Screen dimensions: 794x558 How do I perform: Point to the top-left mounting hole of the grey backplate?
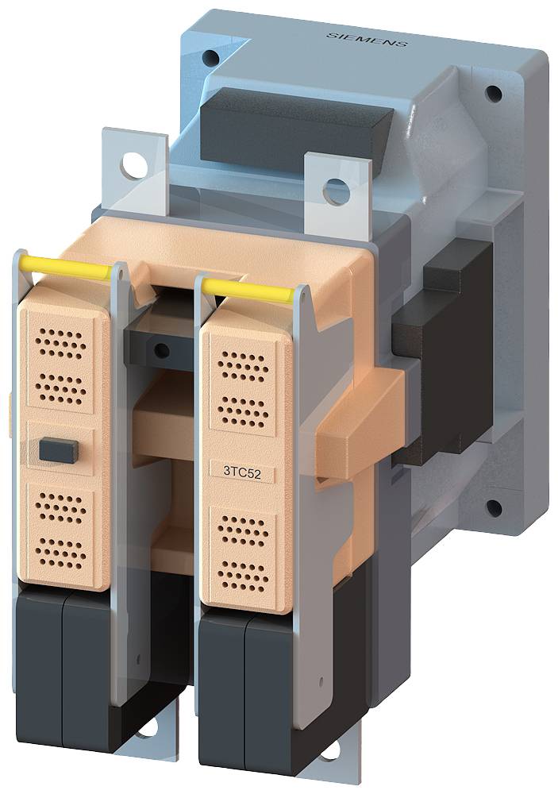tap(210, 58)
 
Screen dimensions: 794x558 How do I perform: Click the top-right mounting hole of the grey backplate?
tap(493, 94)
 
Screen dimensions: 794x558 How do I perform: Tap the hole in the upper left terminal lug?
tap(136, 167)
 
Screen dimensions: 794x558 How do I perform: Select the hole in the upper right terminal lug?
tap(337, 191)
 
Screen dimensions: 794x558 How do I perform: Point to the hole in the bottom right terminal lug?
tap(331, 749)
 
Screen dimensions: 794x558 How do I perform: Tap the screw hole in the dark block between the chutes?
tap(162, 350)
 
